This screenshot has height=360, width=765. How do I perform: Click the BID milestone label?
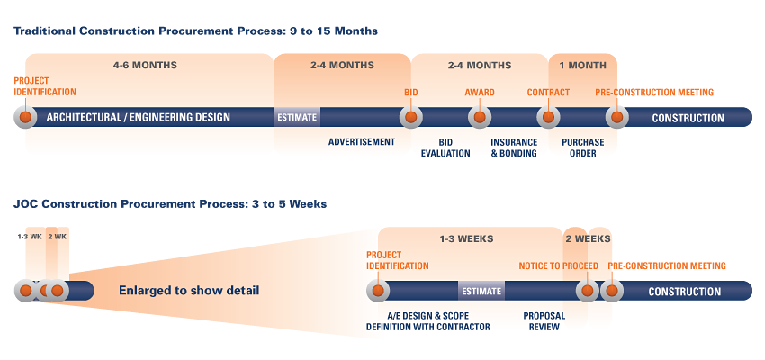click(x=410, y=93)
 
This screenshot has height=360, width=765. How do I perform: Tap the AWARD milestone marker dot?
click(x=480, y=117)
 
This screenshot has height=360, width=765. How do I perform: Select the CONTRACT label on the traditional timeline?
click(x=548, y=93)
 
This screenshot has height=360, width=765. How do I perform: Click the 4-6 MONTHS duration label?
click(x=146, y=66)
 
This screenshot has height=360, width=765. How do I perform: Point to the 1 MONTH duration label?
click(x=582, y=66)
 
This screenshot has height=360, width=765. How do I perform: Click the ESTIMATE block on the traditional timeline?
click(x=297, y=117)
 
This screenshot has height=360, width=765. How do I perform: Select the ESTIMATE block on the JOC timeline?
click(x=481, y=291)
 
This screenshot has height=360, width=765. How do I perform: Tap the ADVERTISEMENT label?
click(x=362, y=142)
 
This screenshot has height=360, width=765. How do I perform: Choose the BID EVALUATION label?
click(x=445, y=148)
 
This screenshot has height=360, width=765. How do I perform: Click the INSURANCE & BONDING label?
click(x=514, y=148)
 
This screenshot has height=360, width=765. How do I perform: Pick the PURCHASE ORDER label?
click(x=583, y=148)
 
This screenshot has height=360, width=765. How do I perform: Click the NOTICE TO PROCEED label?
click(x=559, y=265)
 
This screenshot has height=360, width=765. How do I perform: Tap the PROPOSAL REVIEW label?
click(x=544, y=321)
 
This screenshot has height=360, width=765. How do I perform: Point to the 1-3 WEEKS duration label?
click(x=466, y=239)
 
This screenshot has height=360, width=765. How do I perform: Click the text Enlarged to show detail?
click(x=189, y=291)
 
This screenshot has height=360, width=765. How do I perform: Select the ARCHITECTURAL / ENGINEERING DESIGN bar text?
click(x=138, y=118)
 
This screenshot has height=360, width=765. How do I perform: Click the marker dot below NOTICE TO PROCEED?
click(x=588, y=291)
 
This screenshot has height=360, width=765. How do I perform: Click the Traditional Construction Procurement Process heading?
click(x=195, y=31)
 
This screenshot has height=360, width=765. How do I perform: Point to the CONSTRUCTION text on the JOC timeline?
click(x=685, y=292)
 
